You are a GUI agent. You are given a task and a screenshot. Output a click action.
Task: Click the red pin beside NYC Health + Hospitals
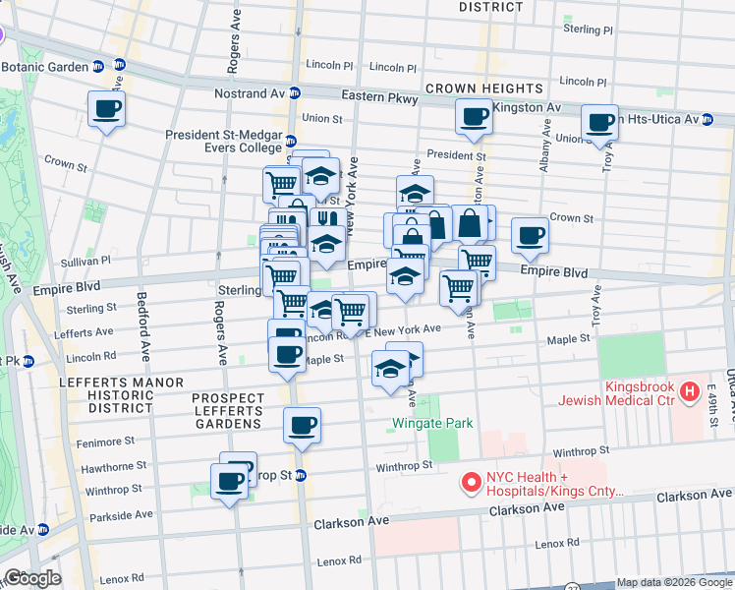coord(471,483)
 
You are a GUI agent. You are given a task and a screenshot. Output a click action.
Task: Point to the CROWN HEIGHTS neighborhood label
coord(484,88)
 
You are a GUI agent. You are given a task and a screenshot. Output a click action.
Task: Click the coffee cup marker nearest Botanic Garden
coord(106,109)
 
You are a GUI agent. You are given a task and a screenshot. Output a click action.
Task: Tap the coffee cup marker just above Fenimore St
coord(302,425)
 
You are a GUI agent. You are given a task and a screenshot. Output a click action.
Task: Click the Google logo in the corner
coord(31,578)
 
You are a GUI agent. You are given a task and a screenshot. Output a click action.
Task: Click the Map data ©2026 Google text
coord(674,582)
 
